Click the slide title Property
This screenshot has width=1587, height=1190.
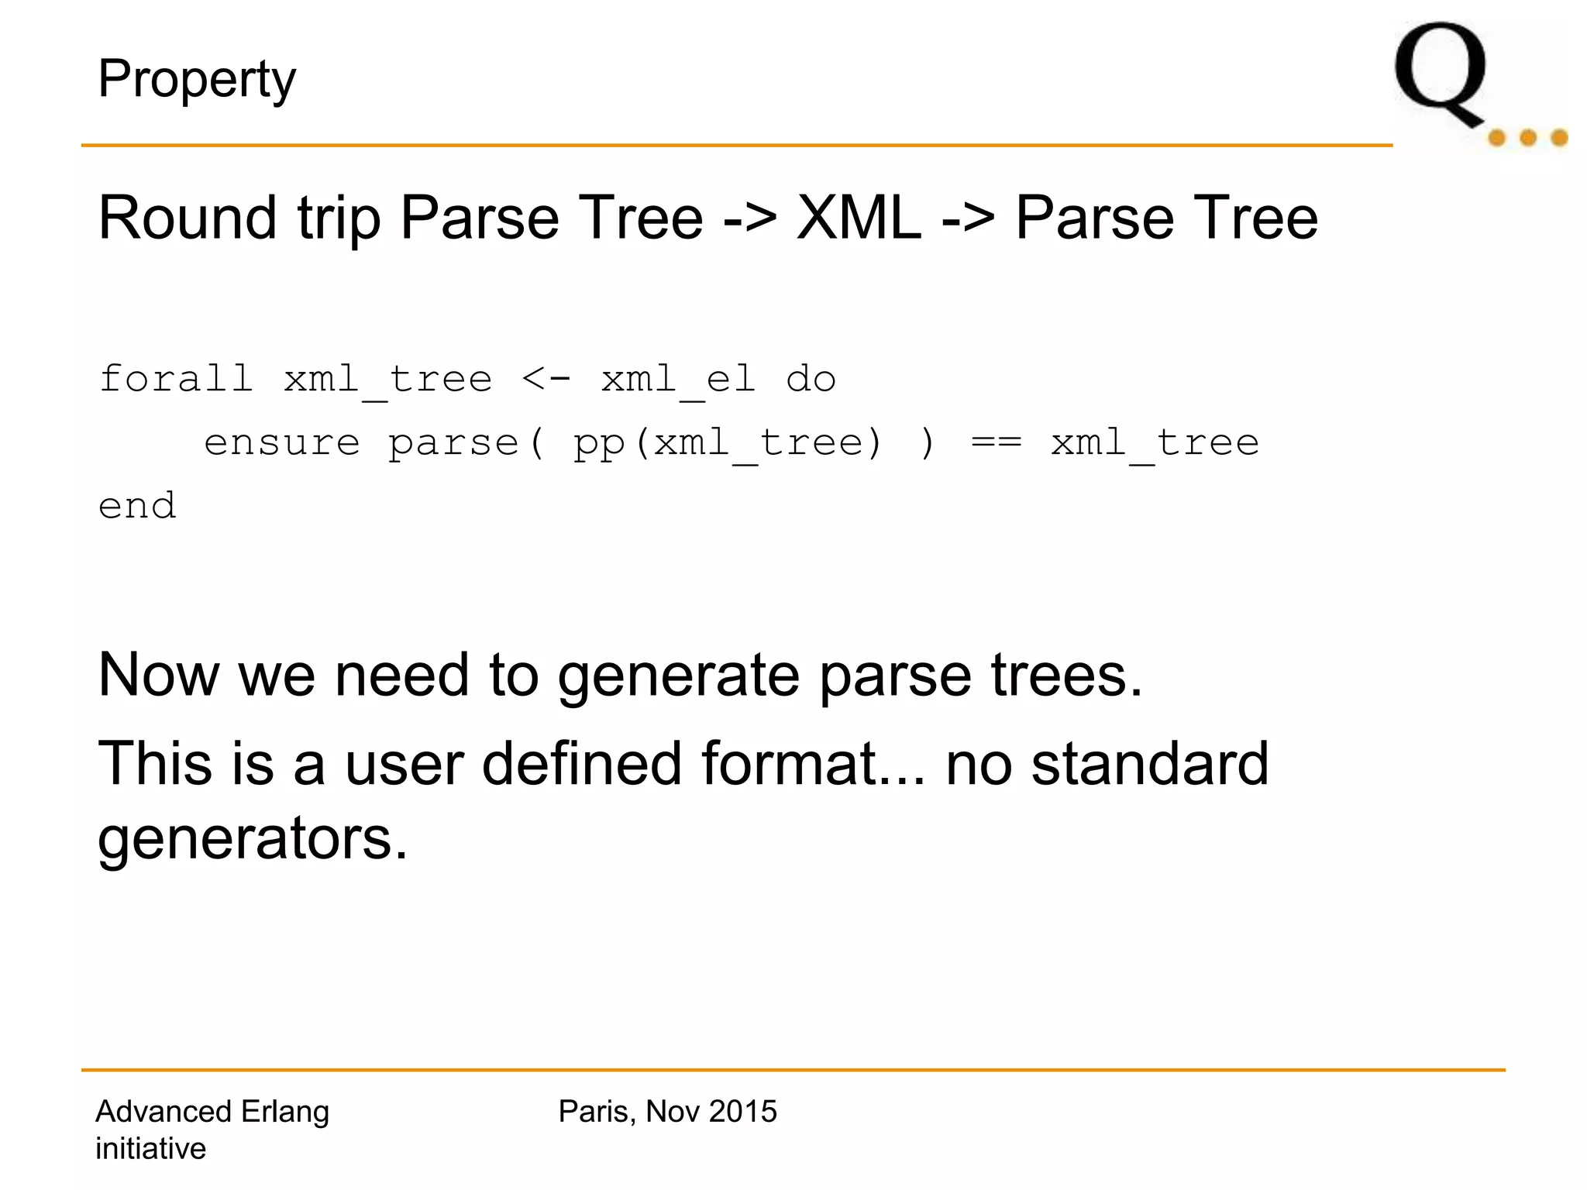[x=197, y=79]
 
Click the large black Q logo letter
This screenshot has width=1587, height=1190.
[x=1441, y=74]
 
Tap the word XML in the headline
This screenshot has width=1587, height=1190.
[x=859, y=218]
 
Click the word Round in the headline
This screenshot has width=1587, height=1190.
[x=188, y=218]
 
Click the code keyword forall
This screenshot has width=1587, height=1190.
[x=176, y=379]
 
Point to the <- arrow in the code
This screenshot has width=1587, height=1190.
[x=546, y=379]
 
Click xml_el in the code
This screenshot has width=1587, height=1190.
[x=678, y=380]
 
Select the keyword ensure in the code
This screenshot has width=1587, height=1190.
[x=282, y=443]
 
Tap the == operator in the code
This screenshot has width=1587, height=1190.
[x=997, y=443]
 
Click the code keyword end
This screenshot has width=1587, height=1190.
[x=137, y=507]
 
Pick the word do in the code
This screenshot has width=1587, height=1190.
[x=811, y=379]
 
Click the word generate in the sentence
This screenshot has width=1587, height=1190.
[x=679, y=676]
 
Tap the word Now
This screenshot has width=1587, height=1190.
[x=159, y=676]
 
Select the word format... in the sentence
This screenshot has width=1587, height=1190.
[x=814, y=764]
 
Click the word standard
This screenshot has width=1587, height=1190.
[x=1150, y=764]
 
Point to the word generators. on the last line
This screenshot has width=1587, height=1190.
[x=253, y=840]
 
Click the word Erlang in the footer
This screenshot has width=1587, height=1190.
[x=285, y=1112]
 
